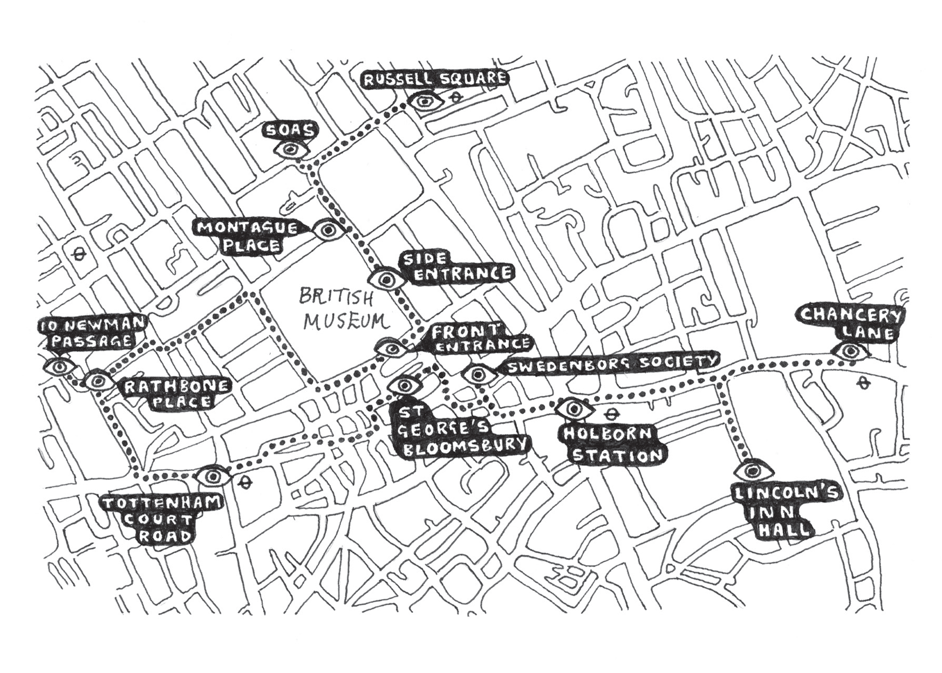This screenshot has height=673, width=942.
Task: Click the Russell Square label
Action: [x=435, y=79]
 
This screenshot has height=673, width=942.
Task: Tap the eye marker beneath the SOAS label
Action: [x=291, y=149]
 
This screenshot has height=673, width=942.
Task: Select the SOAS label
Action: [x=290, y=131]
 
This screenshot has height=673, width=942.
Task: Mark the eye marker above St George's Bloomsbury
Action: [x=405, y=385]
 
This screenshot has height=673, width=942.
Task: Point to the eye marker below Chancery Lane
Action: [x=851, y=352]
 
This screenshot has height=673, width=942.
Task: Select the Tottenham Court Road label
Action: [x=162, y=520]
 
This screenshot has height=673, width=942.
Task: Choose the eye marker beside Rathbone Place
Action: [x=98, y=381]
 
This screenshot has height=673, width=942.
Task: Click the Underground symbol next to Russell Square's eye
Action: [x=456, y=98]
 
